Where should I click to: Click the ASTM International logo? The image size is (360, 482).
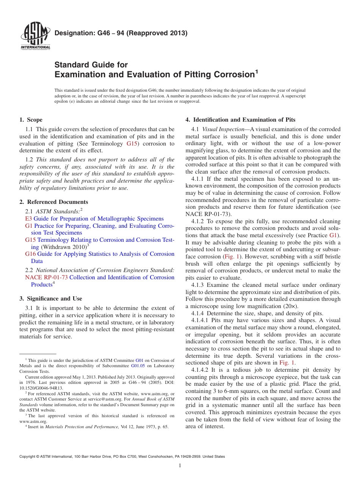coord(35,36)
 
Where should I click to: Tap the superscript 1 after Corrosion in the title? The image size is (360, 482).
coord(256,71)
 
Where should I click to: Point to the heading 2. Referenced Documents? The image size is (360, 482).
coord(53,202)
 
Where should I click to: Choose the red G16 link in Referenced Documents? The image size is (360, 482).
coord(30,254)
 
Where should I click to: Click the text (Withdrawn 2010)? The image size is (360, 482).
coord(64,247)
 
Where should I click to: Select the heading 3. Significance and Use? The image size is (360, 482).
coord(50,299)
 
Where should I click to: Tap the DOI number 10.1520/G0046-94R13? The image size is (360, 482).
coord(41,388)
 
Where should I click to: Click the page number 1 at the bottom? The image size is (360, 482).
coord(180,466)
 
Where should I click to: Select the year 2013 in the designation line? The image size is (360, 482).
coord(175,33)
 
